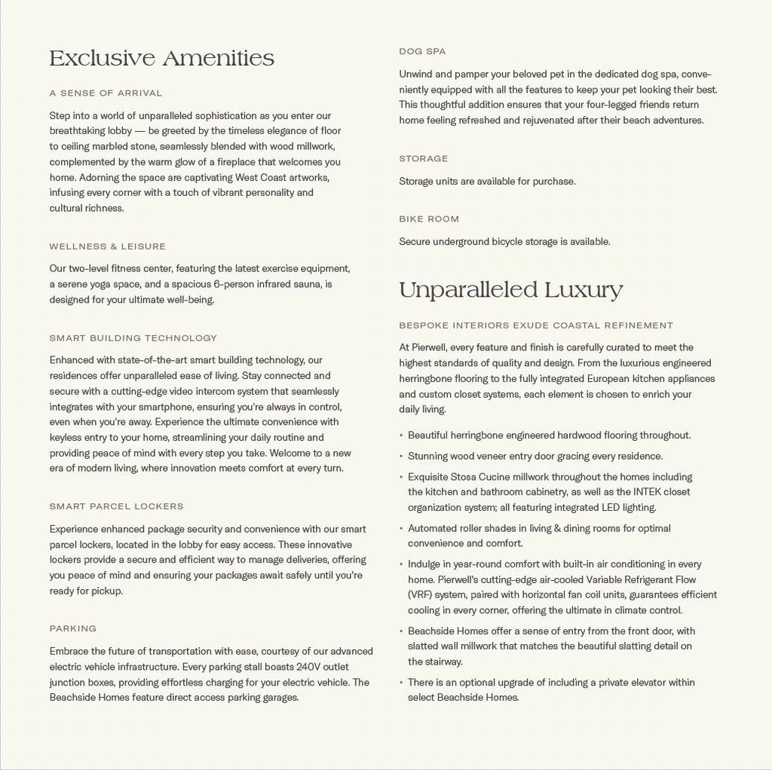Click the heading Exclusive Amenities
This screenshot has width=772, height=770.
pyautogui.click(x=161, y=58)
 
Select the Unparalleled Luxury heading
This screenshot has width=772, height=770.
pyautogui.click(x=510, y=290)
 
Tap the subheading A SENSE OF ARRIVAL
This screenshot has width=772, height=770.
pyautogui.click(x=106, y=93)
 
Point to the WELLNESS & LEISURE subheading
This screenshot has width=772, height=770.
pyautogui.click(x=107, y=246)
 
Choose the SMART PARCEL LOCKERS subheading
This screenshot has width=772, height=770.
pyautogui.click(x=116, y=506)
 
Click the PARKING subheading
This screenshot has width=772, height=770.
pyautogui.click(x=72, y=628)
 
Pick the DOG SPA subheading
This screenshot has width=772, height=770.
pyautogui.click(x=422, y=51)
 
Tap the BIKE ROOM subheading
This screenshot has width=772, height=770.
pyautogui.click(x=428, y=219)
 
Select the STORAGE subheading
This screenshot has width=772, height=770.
pyautogui.click(x=423, y=159)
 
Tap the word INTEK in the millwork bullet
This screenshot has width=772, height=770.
pyautogui.click(x=646, y=492)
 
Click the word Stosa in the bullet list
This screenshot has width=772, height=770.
pyautogui.click(x=466, y=477)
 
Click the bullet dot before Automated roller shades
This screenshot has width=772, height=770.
pyautogui.click(x=401, y=529)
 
